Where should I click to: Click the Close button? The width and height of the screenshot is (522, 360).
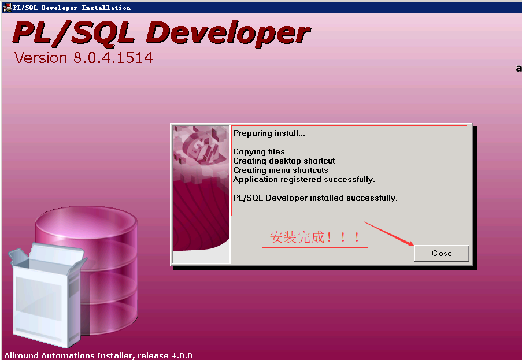pyautogui.click(x=442, y=253)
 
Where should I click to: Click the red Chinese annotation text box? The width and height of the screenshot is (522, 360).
pyautogui.click(x=314, y=238)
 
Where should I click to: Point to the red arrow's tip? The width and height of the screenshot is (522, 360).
pyautogui.click(x=414, y=246)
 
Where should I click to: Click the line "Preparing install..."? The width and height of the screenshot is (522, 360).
pyautogui.click(x=269, y=133)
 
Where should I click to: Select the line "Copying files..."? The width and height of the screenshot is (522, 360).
pyautogui.click(x=262, y=152)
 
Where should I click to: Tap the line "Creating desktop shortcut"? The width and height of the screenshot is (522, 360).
pyautogui.click(x=284, y=161)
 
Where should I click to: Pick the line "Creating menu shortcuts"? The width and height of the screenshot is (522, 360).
pyautogui.click(x=280, y=170)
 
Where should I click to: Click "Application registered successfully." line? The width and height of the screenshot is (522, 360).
pyautogui.click(x=303, y=179)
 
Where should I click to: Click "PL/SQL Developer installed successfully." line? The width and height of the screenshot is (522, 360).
pyautogui.click(x=315, y=198)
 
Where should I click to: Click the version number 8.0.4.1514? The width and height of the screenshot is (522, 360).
pyautogui.click(x=113, y=58)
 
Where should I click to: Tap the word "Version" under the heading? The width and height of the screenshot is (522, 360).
pyautogui.click(x=41, y=58)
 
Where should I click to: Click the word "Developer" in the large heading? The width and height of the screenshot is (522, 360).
pyautogui.click(x=228, y=34)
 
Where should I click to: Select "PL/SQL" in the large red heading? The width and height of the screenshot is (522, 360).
pyautogui.click(x=73, y=32)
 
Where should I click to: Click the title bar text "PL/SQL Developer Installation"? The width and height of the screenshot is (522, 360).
pyautogui.click(x=72, y=8)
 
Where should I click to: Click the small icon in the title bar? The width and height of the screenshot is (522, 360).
pyautogui.click(x=7, y=8)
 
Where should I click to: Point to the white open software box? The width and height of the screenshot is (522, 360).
pyautogui.click(x=47, y=295)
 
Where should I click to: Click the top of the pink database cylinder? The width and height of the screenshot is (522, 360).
pyautogui.click(x=86, y=224)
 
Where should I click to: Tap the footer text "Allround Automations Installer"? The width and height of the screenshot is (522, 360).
pyautogui.click(x=69, y=355)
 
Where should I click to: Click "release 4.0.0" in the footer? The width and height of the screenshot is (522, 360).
pyautogui.click(x=165, y=355)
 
